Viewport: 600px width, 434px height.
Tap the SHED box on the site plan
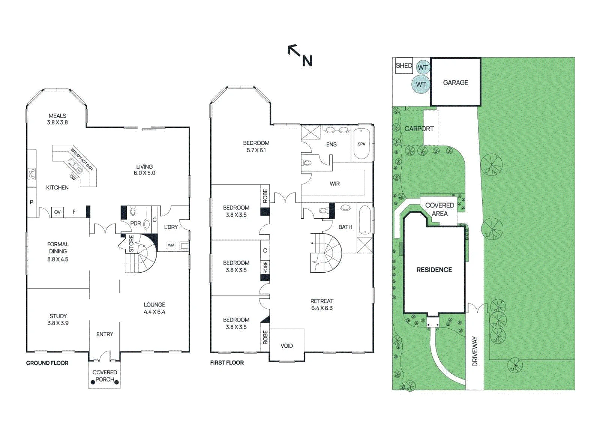pos(404,66)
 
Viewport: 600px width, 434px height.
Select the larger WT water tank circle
pos(421,84)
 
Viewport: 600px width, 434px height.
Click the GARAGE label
pos(455,83)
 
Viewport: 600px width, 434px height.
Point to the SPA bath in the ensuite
pos(361,144)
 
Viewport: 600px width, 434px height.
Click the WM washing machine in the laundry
pos(171,245)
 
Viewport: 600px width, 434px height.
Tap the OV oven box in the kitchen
pos(57,212)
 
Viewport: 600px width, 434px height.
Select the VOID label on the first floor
pos(286,346)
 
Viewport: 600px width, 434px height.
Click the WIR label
pos(334,184)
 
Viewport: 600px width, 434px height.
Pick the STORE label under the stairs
pos(131,243)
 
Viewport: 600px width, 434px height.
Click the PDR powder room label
pos(135,224)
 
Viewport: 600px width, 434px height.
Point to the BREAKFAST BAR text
pos(82,159)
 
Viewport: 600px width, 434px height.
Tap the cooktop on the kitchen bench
pos(31,174)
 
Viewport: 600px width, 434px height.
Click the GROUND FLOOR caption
pos(47,363)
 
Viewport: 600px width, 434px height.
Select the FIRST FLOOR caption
pos(227,363)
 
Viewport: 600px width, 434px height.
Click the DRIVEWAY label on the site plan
pos(475,351)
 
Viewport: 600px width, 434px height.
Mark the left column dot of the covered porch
pos(93,382)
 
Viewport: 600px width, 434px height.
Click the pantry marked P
pos(31,202)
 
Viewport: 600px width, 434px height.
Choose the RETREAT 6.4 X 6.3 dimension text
pos(322,305)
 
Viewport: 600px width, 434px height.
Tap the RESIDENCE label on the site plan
pos(434,270)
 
